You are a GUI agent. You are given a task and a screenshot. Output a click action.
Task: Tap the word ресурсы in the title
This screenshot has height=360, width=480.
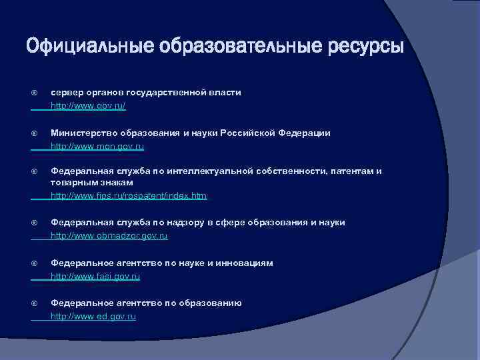(x=366, y=47)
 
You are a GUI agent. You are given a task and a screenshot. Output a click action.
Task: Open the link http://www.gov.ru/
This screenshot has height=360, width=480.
(x=88, y=106)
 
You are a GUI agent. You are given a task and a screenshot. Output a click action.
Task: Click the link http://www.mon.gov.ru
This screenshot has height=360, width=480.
(x=97, y=146)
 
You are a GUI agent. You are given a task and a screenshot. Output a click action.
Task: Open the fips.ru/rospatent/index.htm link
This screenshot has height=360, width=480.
(x=129, y=196)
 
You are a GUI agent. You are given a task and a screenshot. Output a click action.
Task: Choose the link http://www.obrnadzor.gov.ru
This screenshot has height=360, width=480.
(x=109, y=236)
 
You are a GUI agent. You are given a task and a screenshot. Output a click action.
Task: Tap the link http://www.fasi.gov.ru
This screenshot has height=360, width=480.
(x=95, y=276)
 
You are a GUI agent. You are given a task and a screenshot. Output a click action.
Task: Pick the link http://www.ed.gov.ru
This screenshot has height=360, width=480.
(x=93, y=317)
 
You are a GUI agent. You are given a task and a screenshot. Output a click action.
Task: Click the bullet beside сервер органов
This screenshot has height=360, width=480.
(x=34, y=93)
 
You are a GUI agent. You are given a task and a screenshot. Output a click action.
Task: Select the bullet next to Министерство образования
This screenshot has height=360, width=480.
(x=34, y=133)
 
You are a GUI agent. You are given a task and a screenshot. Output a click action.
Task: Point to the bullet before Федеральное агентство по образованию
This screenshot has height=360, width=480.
(x=34, y=303)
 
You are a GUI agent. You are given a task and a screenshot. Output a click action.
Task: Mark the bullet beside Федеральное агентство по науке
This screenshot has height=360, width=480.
(x=34, y=263)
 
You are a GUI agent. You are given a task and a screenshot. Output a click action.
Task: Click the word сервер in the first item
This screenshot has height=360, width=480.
(x=67, y=93)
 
